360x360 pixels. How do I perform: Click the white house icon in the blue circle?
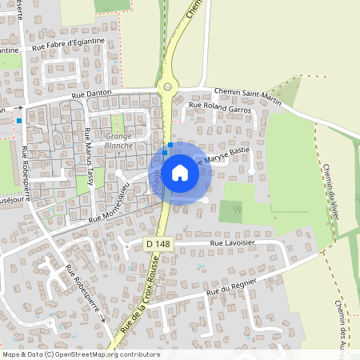[180, 172]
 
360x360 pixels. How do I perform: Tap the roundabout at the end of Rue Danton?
[168, 86]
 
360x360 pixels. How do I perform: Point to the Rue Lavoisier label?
[237, 242]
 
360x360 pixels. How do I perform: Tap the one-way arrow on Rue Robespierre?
[102, 318]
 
